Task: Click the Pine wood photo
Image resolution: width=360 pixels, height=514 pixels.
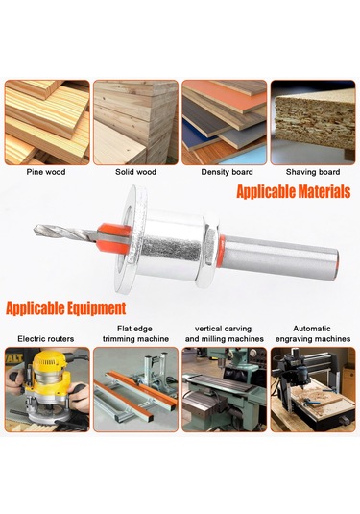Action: click(46, 122)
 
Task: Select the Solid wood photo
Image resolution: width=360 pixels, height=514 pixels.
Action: click(135, 122)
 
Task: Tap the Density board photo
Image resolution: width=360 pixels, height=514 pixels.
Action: click(224, 122)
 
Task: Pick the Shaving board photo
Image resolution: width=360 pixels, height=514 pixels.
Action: click(313, 122)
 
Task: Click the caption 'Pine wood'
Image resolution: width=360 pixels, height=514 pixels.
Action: click(46, 174)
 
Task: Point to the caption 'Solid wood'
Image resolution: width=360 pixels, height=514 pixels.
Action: click(134, 174)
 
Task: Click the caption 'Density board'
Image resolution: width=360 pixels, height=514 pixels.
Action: click(224, 174)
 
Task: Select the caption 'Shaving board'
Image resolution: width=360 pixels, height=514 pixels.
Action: click(313, 174)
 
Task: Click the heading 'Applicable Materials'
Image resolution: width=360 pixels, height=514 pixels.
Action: click(293, 192)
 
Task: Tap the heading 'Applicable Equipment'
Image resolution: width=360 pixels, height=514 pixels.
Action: click(66, 308)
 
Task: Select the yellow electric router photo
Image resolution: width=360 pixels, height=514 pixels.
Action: click(46, 388)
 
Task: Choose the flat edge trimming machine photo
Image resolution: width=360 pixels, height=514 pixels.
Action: click(135, 388)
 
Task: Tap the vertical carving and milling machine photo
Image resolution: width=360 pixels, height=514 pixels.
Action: click(224, 388)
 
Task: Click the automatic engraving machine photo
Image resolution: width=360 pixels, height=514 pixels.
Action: click(313, 388)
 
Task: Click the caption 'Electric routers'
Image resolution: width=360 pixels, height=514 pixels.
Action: click(46, 338)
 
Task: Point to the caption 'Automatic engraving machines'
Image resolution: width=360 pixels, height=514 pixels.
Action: click(313, 332)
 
